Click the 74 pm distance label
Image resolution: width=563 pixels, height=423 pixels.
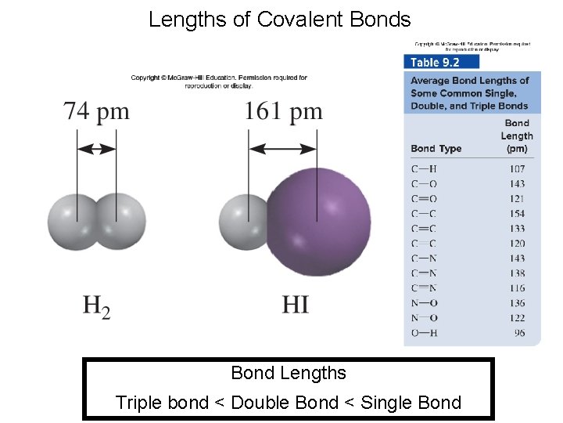pos(97,110)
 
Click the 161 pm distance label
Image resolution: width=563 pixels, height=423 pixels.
pos(283,110)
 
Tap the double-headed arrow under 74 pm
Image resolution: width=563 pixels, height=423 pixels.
pos(97,148)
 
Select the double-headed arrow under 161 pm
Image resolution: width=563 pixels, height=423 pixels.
pos(283,148)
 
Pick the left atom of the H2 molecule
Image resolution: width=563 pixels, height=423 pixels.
pos(73,222)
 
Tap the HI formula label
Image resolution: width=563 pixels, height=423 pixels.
pos(295,303)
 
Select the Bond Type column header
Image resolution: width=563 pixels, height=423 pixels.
pos(436,149)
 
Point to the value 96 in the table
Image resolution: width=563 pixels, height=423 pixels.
pos(519,333)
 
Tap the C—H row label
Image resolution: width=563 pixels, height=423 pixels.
pos(424,169)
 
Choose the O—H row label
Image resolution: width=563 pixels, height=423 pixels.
pos(424,333)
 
